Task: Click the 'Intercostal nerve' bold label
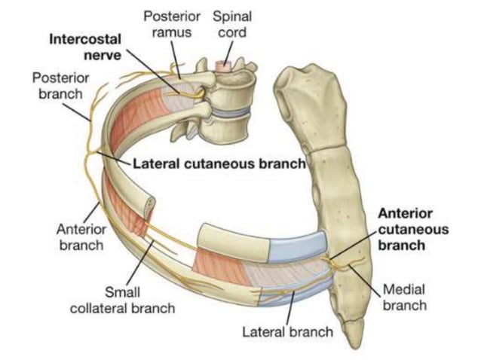pyautogui.click(x=85, y=47)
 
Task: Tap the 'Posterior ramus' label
pyautogui.click(x=172, y=24)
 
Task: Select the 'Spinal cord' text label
pyautogui.click(x=232, y=24)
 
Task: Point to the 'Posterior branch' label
pyautogui.click(x=61, y=86)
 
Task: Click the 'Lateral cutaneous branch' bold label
pyautogui.click(x=219, y=163)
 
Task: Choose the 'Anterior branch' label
pyautogui.click(x=81, y=237)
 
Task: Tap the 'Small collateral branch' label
pyautogui.click(x=122, y=300)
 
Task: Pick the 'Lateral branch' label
pyautogui.click(x=287, y=332)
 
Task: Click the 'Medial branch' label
pyautogui.click(x=405, y=297)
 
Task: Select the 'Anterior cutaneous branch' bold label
pyautogui.click(x=413, y=229)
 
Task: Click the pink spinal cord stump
pyautogui.click(x=223, y=64)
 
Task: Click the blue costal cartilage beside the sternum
pyautogui.click(x=296, y=247)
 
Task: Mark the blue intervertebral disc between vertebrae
pyautogui.click(x=228, y=111)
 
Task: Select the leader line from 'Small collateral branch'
pyautogui.click(x=140, y=263)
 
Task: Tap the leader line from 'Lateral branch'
pyautogui.click(x=290, y=308)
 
